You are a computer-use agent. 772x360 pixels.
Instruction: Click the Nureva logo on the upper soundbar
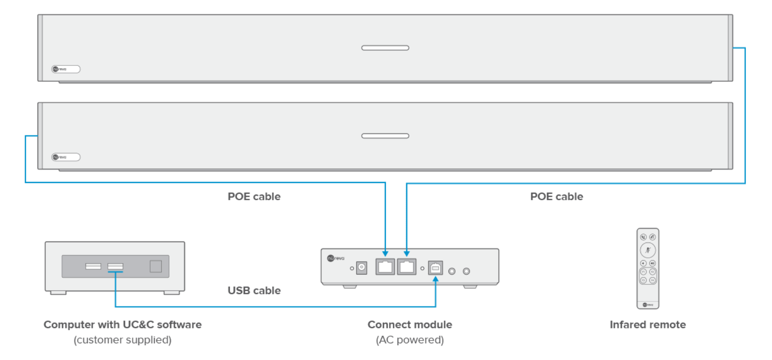(x=66, y=69)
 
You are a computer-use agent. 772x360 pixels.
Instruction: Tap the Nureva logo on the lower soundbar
(x=66, y=157)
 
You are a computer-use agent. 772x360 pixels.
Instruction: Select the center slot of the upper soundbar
(x=385, y=48)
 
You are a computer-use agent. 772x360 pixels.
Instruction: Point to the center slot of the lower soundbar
(x=385, y=136)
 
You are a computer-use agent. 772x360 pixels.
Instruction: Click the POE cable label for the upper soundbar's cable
(x=556, y=196)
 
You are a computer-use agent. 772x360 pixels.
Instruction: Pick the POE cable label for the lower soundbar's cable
(x=254, y=196)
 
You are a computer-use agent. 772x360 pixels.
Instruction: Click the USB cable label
(x=254, y=291)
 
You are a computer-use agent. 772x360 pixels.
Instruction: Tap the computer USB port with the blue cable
(x=115, y=266)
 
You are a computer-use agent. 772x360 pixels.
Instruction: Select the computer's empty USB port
(x=93, y=266)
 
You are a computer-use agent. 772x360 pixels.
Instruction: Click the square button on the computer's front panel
(x=156, y=266)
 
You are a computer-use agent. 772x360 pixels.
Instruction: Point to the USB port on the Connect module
(x=435, y=268)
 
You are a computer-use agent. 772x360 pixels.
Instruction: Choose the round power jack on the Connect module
(x=361, y=268)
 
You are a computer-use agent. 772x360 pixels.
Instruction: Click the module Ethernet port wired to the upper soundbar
(x=407, y=267)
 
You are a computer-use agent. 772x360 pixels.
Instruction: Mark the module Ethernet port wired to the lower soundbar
(x=385, y=267)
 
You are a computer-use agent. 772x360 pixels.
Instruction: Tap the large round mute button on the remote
(x=647, y=250)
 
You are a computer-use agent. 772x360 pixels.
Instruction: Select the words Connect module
(x=409, y=325)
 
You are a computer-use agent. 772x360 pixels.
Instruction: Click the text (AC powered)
(x=409, y=340)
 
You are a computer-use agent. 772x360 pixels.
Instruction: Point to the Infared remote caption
(x=647, y=325)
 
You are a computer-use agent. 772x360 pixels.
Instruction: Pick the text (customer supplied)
(x=122, y=340)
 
